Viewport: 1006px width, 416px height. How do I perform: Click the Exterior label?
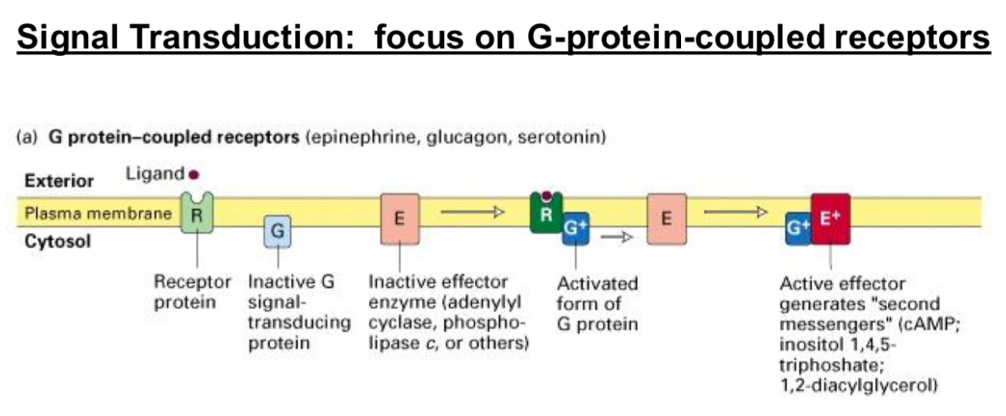tap(60, 181)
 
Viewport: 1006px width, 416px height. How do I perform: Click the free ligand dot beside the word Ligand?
tap(194, 175)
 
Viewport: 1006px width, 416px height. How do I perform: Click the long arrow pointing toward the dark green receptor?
tap(472, 213)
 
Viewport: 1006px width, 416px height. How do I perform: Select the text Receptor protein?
tap(192, 292)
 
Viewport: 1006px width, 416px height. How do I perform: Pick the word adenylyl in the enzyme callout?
tap(494, 304)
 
